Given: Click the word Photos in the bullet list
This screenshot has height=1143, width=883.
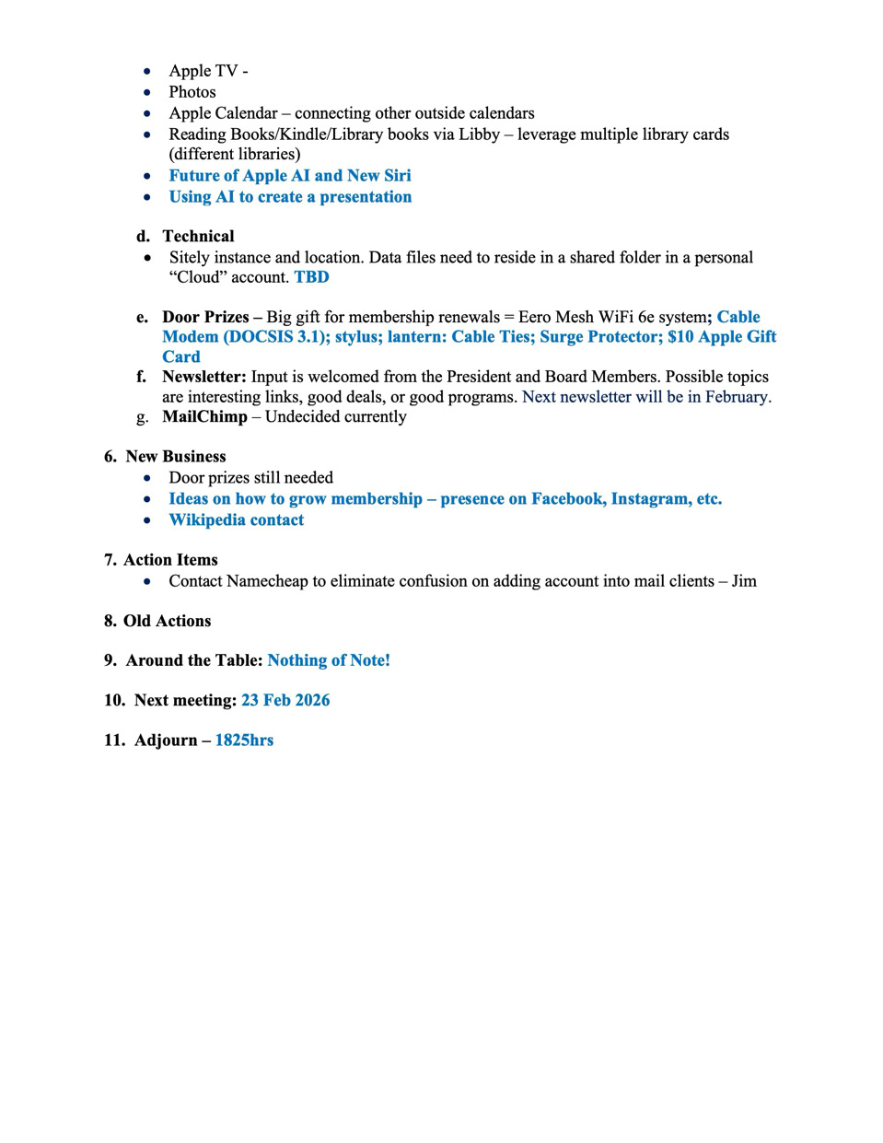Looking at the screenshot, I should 192,92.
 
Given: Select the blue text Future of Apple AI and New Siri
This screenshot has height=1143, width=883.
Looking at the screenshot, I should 289,176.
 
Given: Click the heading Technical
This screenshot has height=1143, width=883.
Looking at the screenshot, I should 198,237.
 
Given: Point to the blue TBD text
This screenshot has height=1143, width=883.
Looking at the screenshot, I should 311,277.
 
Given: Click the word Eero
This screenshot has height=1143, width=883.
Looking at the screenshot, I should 536,318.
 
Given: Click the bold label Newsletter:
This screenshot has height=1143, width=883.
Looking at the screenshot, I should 203,377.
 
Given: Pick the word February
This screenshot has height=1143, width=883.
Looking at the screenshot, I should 736,397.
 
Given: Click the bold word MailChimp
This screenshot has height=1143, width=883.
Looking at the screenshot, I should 204,417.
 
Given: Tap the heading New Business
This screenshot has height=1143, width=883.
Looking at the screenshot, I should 175,457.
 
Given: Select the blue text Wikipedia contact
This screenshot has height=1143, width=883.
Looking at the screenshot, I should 236,520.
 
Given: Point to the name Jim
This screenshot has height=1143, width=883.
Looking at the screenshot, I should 744,581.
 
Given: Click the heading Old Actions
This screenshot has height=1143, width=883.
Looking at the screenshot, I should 167,621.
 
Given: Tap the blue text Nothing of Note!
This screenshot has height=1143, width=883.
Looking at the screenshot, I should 329,660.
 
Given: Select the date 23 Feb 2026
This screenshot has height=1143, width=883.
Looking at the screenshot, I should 285,700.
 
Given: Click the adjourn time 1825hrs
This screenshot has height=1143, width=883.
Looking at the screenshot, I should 244,741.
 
